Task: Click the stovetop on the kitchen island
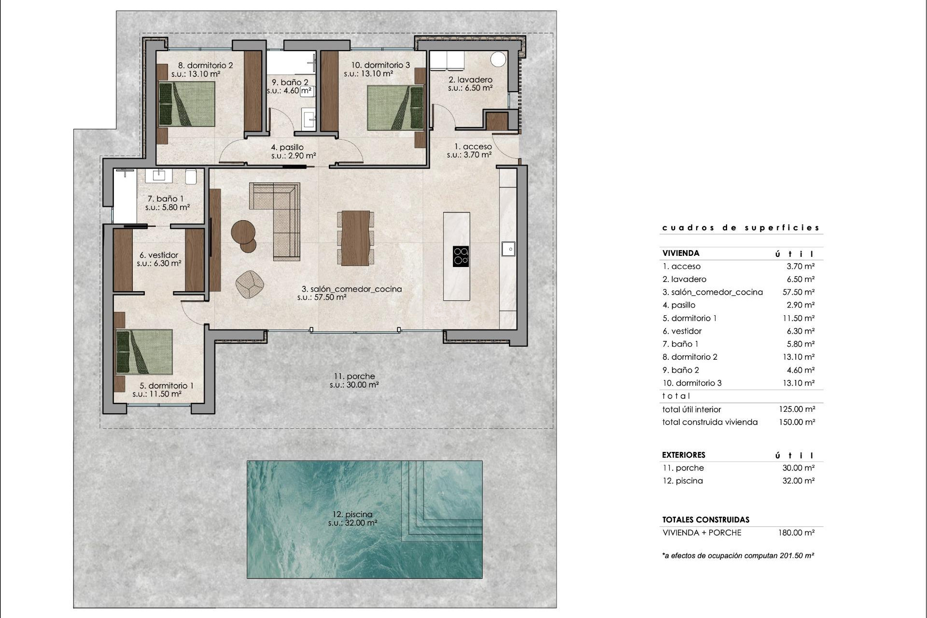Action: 461,256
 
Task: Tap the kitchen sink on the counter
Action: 508,249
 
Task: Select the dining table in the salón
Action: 355,238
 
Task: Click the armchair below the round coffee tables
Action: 250,284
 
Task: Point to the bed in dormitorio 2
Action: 187,104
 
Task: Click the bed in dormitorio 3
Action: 395,108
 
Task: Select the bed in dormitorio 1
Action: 144,352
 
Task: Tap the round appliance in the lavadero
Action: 498,59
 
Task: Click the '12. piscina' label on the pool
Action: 352,515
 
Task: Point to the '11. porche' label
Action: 354,377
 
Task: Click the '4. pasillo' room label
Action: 287,147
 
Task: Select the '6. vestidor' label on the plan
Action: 159,255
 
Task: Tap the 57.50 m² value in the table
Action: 798,292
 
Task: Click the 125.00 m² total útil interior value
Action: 797,409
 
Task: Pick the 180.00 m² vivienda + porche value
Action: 796,533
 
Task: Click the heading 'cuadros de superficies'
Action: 741,228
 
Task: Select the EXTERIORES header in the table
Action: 683,455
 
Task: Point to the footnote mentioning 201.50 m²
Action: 738,556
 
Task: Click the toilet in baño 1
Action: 191,176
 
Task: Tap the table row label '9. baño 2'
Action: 681,370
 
